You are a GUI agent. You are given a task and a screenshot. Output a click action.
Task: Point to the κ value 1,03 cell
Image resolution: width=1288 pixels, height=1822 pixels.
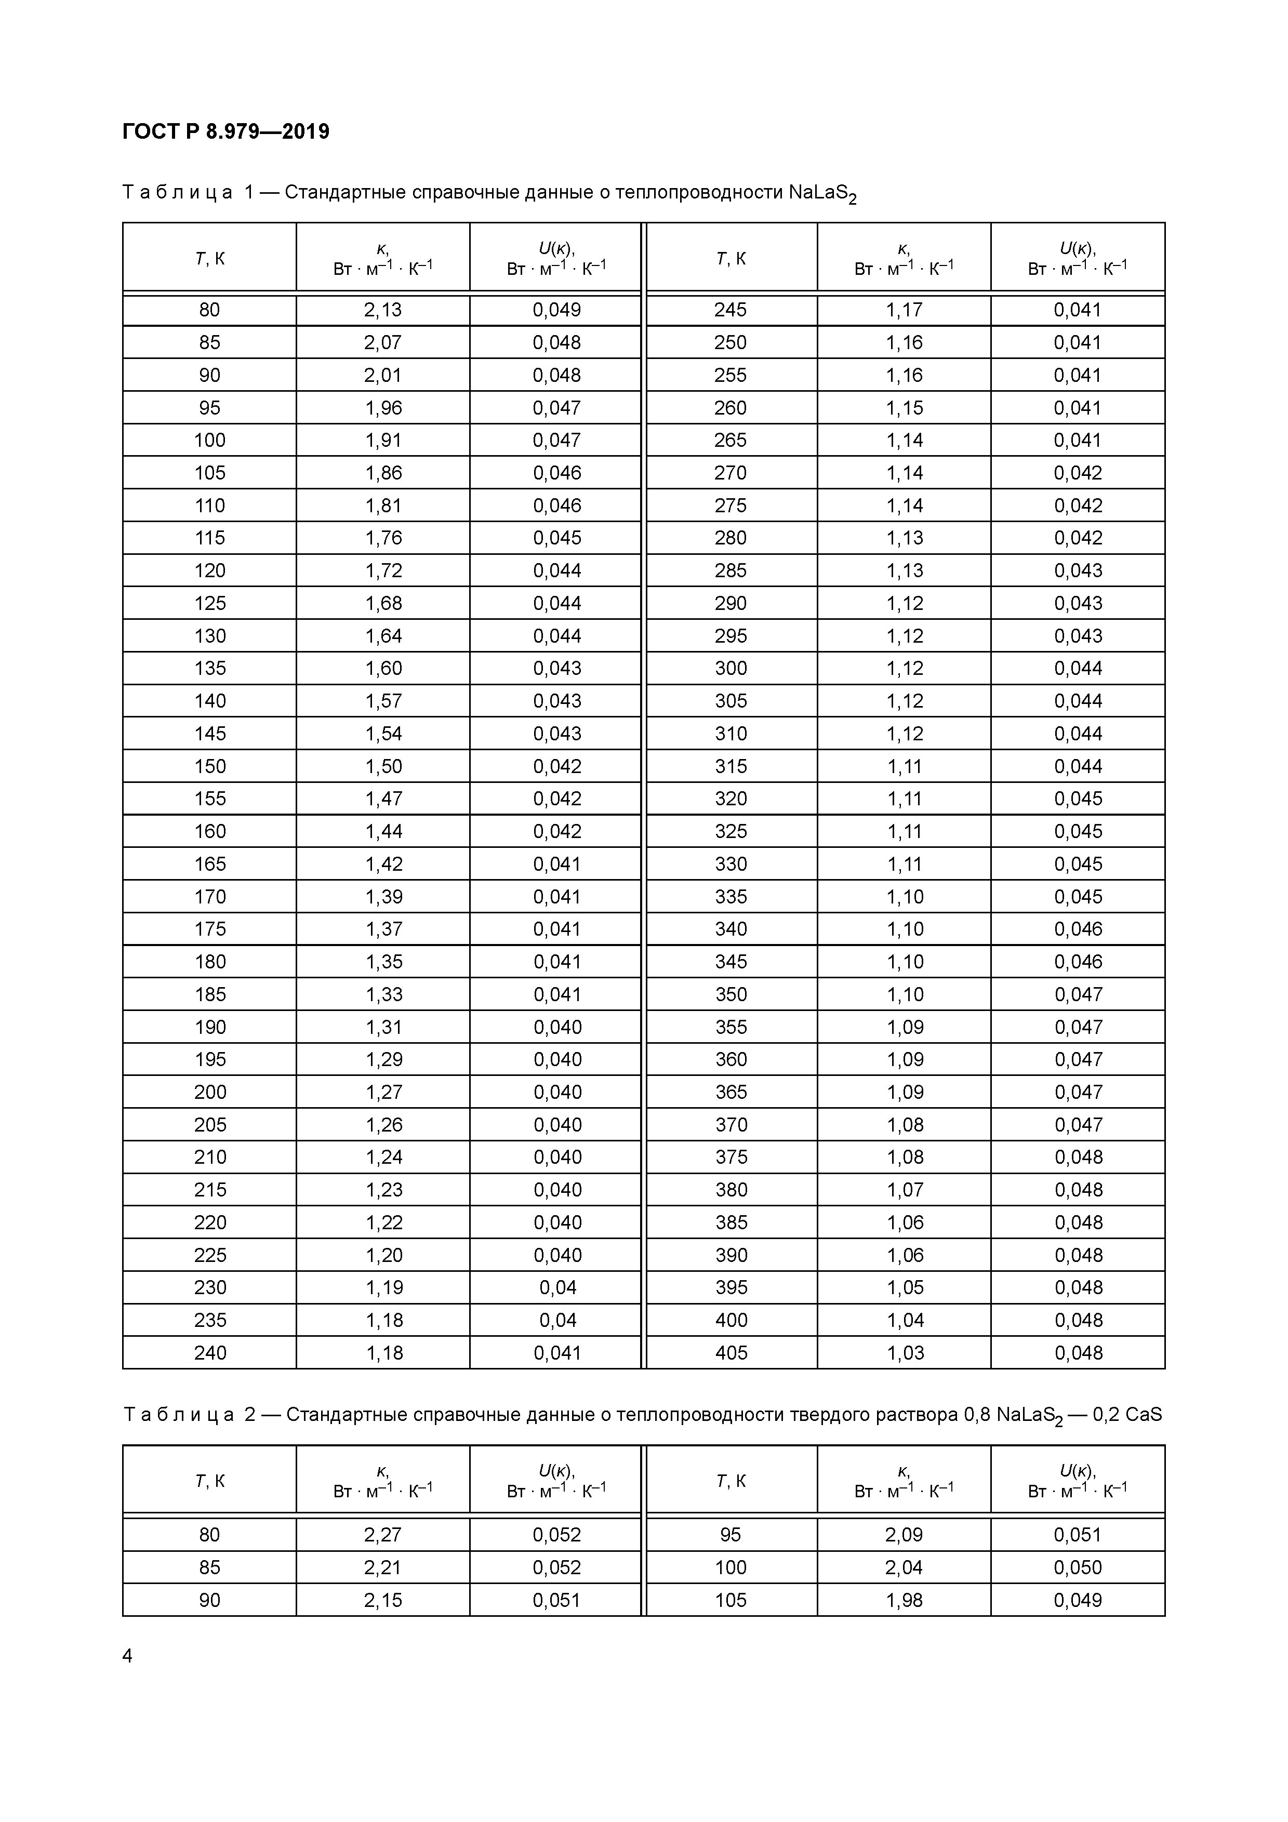[905, 1353]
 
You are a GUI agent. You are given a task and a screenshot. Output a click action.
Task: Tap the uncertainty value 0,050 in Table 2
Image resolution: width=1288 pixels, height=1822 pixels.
[1078, 1567]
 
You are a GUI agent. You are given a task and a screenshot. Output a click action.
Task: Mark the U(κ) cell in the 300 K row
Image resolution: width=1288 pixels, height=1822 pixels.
[1078, 668]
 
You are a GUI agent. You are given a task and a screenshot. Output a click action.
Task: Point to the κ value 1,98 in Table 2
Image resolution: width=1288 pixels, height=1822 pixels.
[905, 1600]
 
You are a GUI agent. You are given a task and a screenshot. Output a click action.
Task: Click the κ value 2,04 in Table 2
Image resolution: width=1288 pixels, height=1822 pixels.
[905, 1567]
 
